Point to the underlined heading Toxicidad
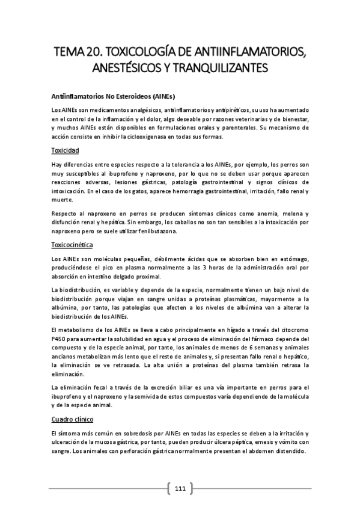click(66, 150)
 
